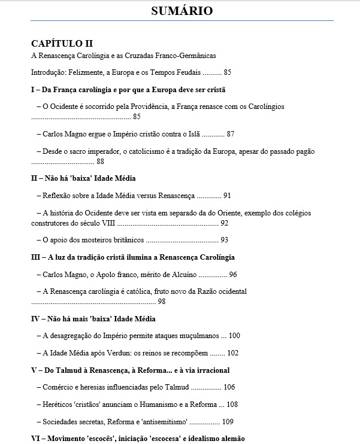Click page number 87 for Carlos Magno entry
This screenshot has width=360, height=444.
(x=231, y=134)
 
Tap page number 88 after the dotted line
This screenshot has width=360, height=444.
(x=100, y=161)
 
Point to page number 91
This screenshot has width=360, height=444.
(x=227, y=196)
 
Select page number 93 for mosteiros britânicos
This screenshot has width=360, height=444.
(x=225, y=240)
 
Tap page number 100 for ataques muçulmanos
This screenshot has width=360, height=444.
(x=234, y=336)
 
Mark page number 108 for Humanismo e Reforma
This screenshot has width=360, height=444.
(x=233, y=405)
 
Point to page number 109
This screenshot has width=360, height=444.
(x=229, y=422)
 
